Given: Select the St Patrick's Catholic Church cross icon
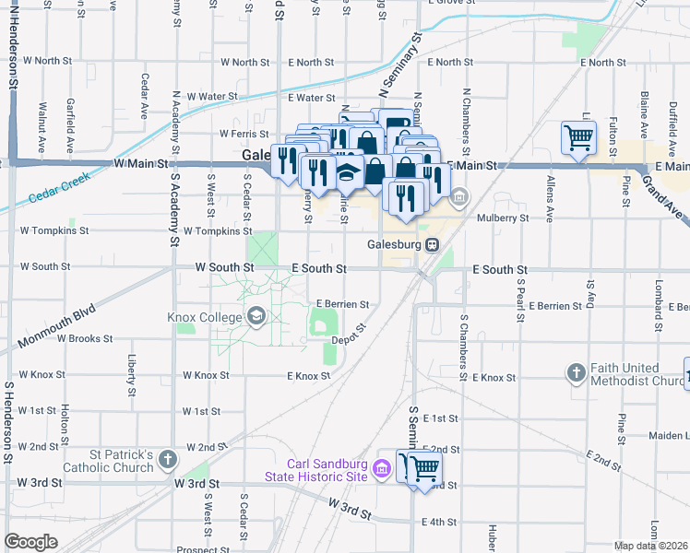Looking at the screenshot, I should coord(167,459).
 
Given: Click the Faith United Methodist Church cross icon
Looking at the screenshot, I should coord(577,373).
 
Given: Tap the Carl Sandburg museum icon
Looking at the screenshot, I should coord(380,470).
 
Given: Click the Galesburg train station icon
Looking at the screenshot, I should coord(432,245).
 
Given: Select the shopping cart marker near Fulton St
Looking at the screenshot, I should coord(578,138).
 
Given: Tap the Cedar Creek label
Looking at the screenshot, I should coord(60,187).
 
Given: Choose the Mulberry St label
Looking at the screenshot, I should coord(503,218).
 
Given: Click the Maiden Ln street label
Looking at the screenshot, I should coord(668,436).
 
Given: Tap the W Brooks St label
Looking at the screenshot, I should coord(85,338).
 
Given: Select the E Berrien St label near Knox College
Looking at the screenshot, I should coord(342,303).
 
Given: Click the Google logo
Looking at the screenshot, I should coord(31,542).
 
